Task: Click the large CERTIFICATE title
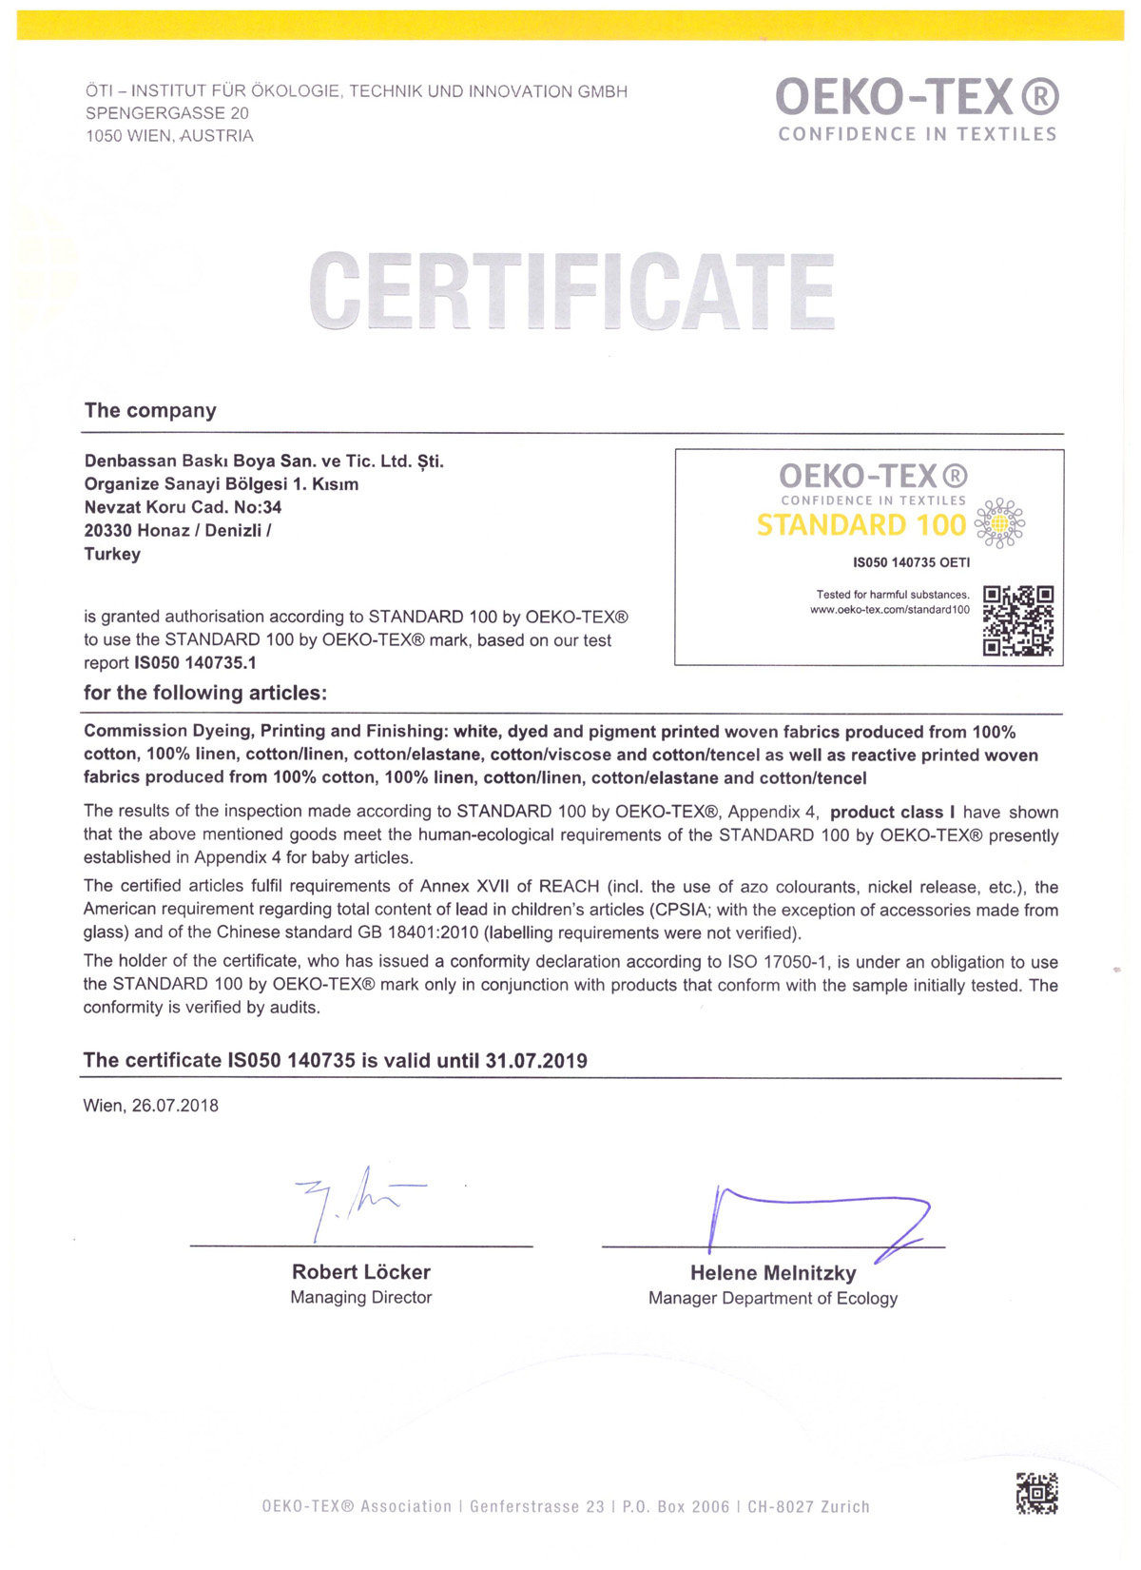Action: tap(571, 290)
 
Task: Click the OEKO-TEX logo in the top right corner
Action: tap(917, 109)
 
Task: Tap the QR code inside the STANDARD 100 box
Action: tap(1017, 620)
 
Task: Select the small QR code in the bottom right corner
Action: tap(1036, 1493)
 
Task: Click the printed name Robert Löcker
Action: tap(361, 1272)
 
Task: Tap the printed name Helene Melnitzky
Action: tap(773, 1273)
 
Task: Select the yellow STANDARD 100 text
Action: tap(861, 525)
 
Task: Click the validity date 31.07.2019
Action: tap(536, 1060)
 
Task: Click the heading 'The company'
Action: tap(150, 410)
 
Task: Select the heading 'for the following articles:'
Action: tap(205, 693)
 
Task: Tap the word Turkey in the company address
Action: tap(112, 554)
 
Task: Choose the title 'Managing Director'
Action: tap(361, 1298)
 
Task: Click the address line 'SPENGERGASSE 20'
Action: tap(167, 113)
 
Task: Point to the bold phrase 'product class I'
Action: tap(892, 813)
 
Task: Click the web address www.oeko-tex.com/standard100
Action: tap(889, 610)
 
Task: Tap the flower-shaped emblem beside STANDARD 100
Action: tap(999, 522)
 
